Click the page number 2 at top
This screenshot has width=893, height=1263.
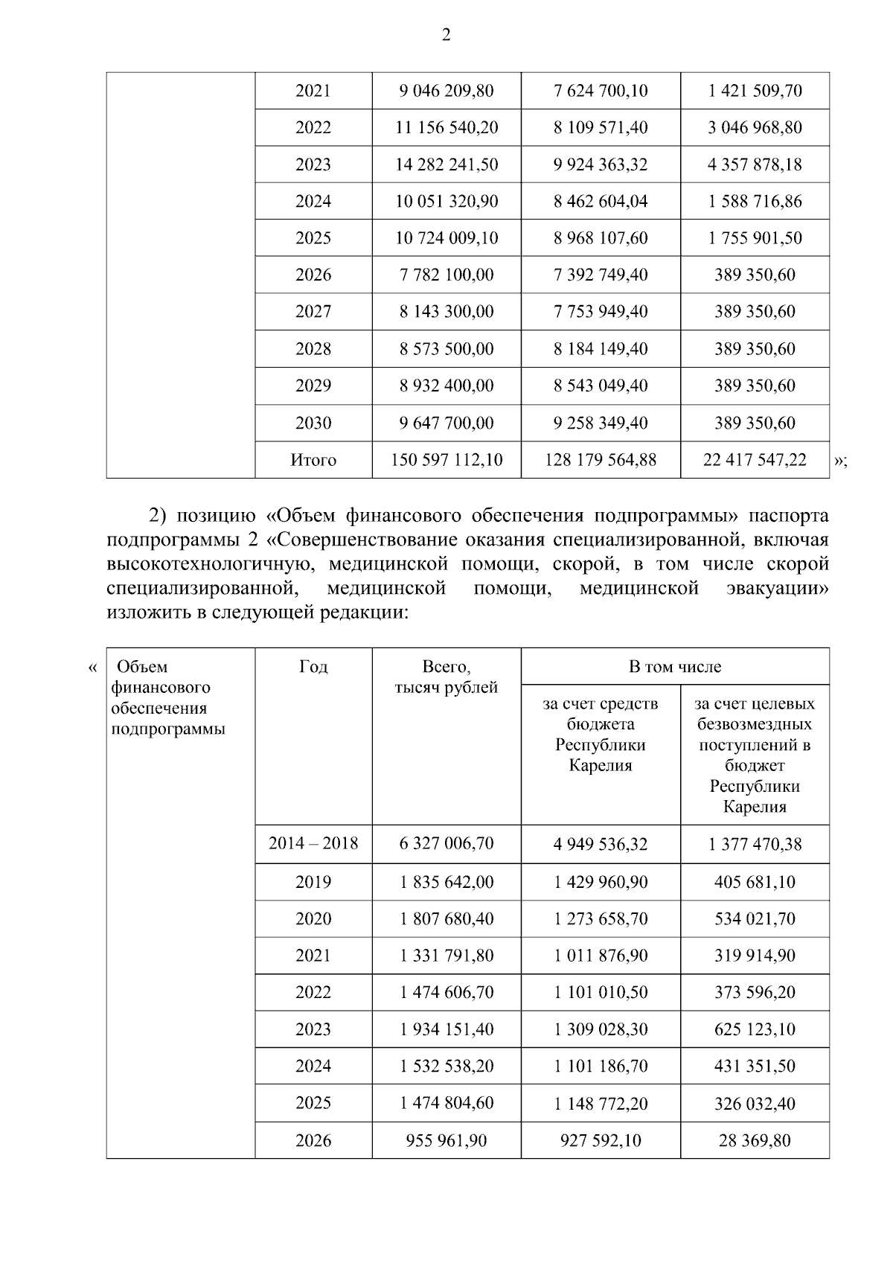click(446, 35)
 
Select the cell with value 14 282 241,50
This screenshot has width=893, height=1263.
click(446, 164)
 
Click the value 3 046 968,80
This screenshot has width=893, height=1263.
click(755, 127)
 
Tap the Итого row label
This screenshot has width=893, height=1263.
click(313, 461)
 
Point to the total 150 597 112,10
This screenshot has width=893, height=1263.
click(446, 461)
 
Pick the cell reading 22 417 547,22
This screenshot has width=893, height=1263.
click(755, 461)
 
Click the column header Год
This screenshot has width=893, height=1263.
click(313, 667)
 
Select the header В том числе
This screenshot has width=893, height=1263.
click(674, 667)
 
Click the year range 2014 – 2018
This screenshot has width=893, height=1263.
click(313, 843)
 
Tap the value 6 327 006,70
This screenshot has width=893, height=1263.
click(446, 843)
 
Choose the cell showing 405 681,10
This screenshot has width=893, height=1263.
click(755, 882)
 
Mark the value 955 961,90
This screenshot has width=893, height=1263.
click(446, 1140)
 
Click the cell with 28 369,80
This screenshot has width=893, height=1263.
click(755, 1140)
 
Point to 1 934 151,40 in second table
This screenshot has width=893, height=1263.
click(446, 1029)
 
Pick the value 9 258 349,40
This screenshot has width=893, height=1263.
click(601, 423)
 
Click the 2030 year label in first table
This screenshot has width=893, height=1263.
click(313, 423)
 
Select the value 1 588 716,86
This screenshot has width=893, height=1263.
click(755, 202)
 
